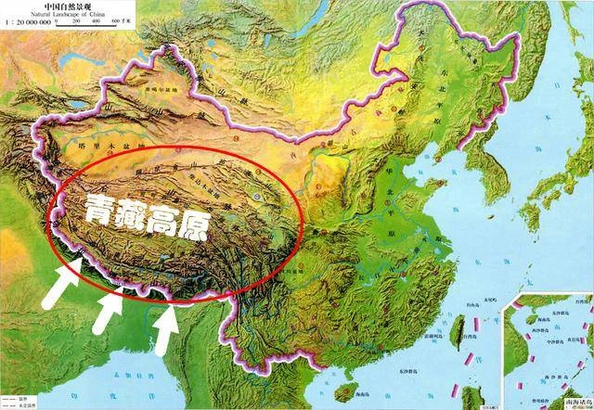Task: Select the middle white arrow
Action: (109, 310)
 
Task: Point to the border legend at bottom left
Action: (19, 401)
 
